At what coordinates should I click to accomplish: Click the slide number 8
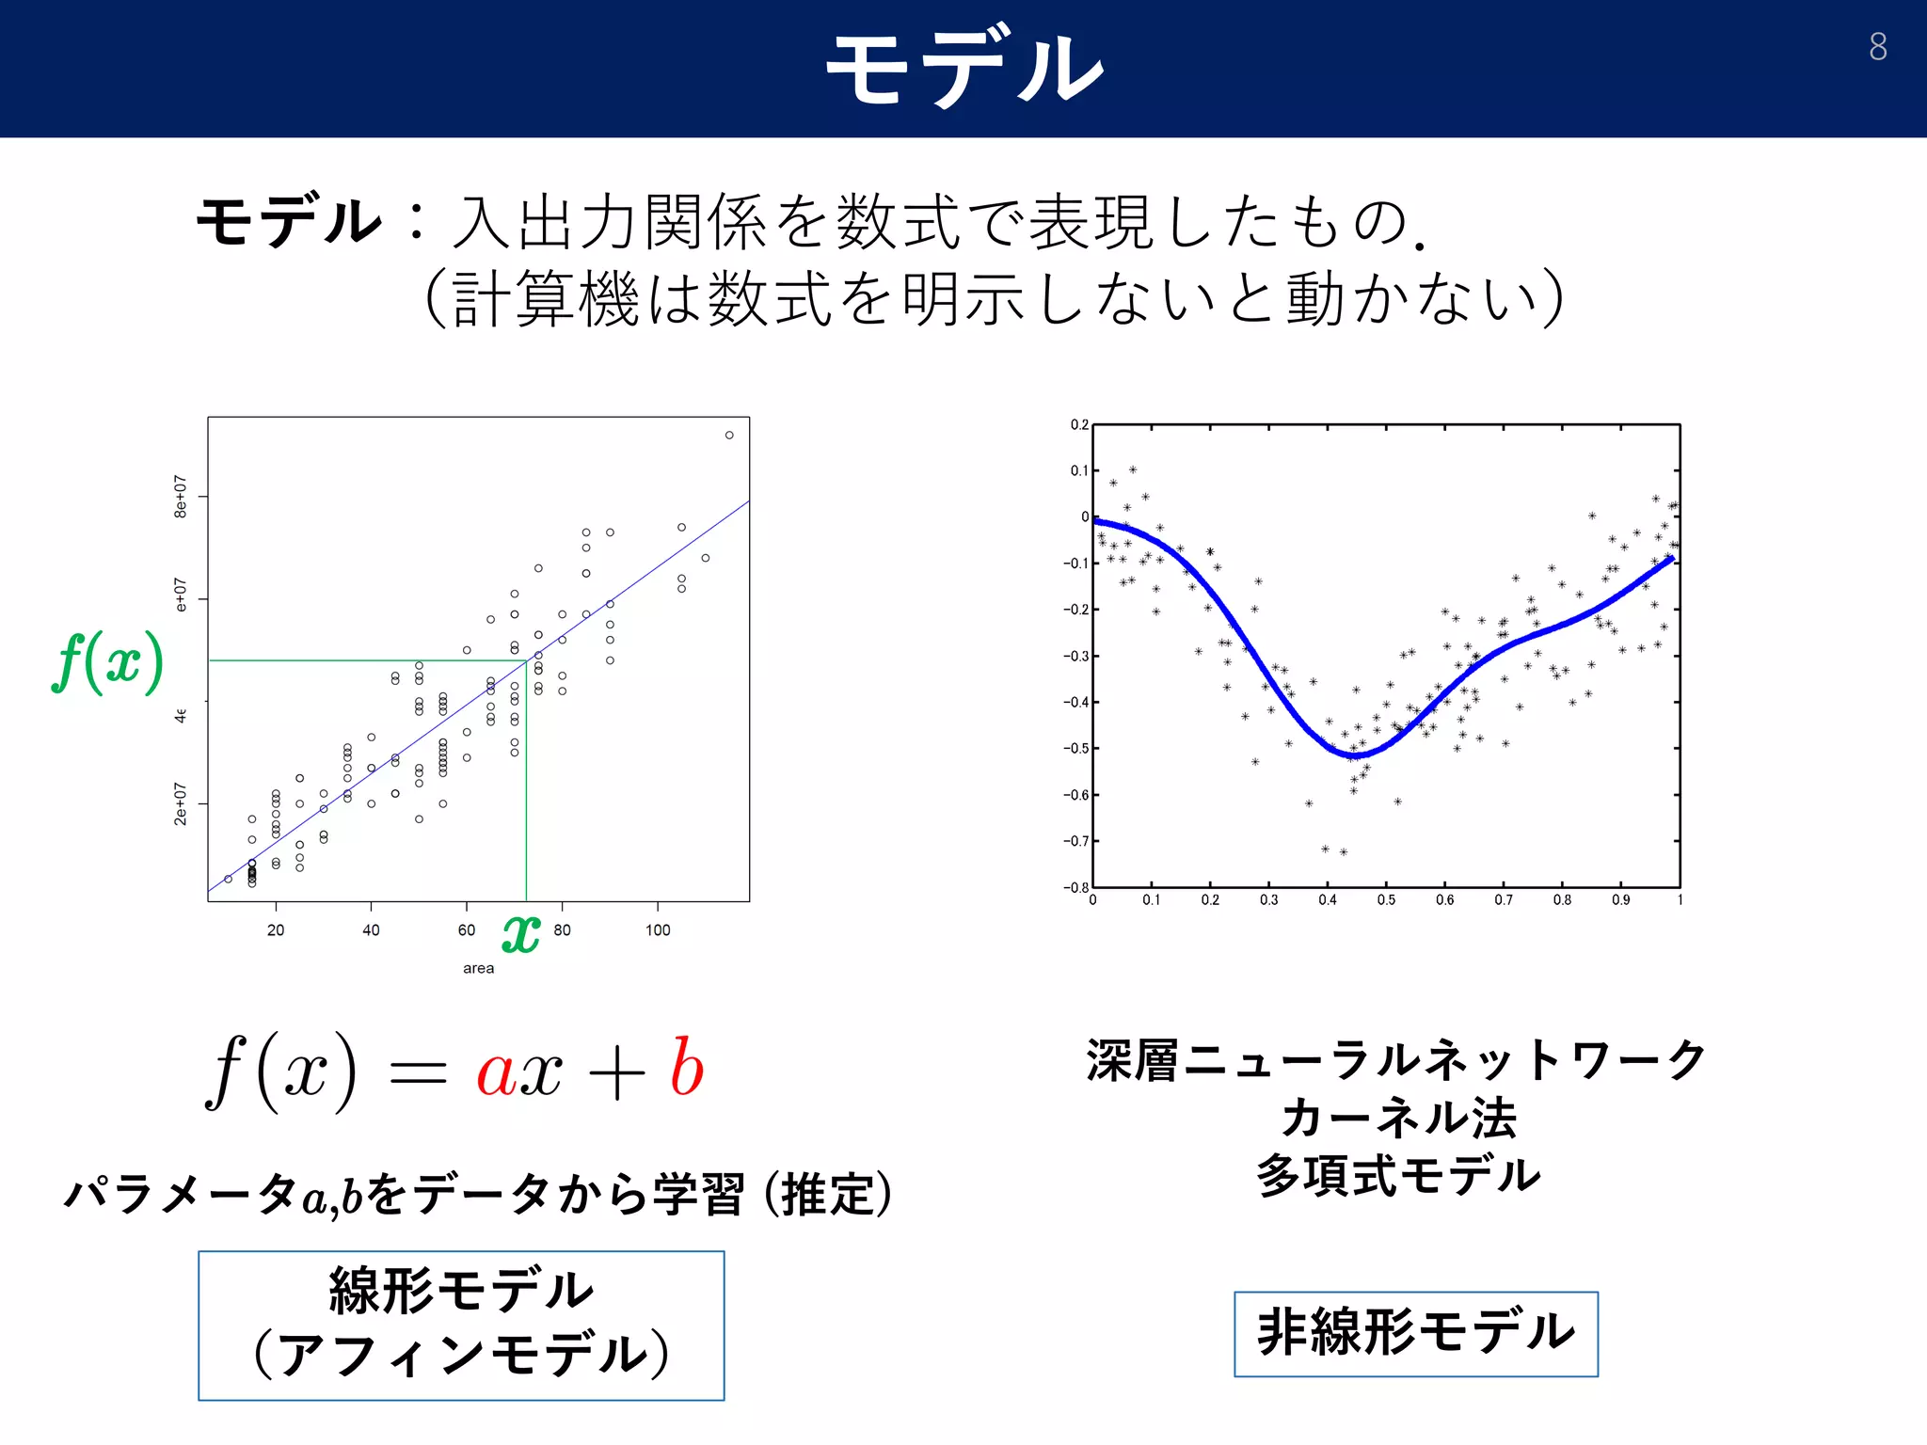(1877, 47)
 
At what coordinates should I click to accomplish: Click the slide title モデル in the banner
(963, 68)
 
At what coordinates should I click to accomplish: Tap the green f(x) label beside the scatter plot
(107, 662)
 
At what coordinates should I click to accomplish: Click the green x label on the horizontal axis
(521, 933)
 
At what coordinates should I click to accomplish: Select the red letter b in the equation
(686, 1069)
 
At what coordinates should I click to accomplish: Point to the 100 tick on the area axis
(658, 929)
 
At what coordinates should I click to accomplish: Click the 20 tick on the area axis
(276, 929)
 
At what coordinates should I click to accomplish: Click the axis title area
(478, 968)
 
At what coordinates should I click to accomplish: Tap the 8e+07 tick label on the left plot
(180, 496)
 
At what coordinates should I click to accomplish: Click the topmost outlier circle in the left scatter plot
(729, 435)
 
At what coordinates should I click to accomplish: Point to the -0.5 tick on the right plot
(1075, 749)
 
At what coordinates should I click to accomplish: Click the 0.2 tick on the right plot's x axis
(1210, 900)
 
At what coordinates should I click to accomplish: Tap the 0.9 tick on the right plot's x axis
(1620, 900)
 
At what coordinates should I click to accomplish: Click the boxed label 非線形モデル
(1415, 1333)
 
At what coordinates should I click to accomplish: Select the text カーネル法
(1398, 1118)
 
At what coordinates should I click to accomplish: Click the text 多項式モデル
(1398, 1176)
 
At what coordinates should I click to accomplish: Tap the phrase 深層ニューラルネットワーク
(1396, 1060)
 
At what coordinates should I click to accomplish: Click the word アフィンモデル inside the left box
(461, 1355)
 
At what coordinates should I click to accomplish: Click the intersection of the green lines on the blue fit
(526, 660)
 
